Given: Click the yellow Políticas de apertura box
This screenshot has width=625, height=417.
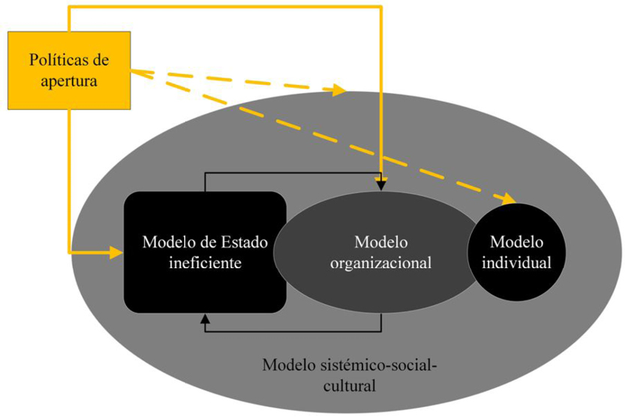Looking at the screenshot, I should point(69,69).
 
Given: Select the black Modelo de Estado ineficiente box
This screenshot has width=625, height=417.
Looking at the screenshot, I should point(205,252).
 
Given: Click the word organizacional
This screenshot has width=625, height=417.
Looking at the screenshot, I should point(381,264).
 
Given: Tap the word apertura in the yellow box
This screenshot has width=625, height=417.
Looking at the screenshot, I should point(69,80).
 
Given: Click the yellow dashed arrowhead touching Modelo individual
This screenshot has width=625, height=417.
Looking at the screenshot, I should point(509,199).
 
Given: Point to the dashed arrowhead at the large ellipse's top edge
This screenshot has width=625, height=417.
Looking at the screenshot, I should point(338,91).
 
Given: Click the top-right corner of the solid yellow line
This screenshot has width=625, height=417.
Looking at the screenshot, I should point(381,8).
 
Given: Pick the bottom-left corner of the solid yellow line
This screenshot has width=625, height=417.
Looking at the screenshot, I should point(69,253).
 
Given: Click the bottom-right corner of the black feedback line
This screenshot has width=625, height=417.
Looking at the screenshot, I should point(381,331).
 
